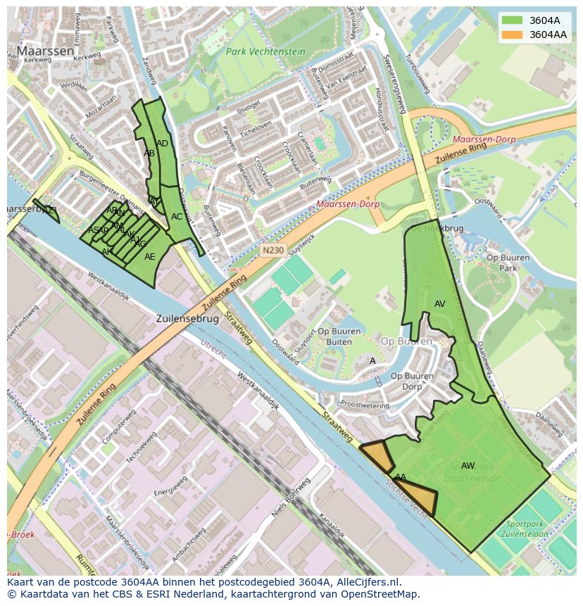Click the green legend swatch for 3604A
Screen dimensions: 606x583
tap(512, 20)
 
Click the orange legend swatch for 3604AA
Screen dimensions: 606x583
tap(512, 34)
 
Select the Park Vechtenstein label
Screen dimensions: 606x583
tap(265, 52)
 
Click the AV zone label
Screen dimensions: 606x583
tap(440, 304)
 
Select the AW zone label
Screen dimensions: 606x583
tap(468, 465)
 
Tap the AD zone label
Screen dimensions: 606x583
tap(162, 144)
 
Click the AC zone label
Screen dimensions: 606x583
tap(177, 217)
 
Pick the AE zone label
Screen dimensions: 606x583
tap(149, 257)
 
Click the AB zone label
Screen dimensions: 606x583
tap(149, 153)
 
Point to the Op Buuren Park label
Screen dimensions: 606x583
tap(508, 263)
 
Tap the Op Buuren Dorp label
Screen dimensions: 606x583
tap(412, 381)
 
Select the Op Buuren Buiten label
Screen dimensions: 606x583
tap(334, 336)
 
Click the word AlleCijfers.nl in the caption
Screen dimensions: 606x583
tap(367, 582)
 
